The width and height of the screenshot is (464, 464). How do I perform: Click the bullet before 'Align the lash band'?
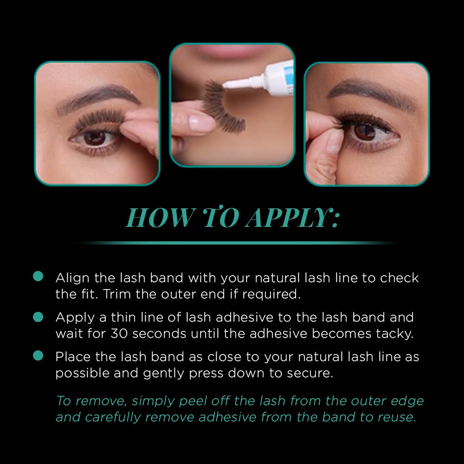38,276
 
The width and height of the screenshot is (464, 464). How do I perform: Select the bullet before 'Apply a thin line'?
38,316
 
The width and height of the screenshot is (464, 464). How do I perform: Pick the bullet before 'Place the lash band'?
38,355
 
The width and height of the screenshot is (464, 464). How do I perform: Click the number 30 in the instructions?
119,334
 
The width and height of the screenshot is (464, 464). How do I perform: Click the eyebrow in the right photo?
372,92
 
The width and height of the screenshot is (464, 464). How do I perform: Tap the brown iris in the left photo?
95,137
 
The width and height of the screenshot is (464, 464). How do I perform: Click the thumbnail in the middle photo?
201,123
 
